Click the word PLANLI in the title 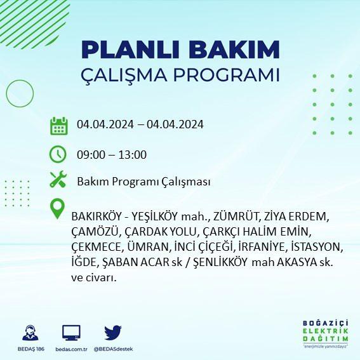[x=130, y=50]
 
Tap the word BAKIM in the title [x=234, y=50]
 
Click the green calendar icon [x=59, y=126]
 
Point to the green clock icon [x=58, y=154]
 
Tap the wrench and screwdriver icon [x=58, y=179]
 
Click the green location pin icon [x=57, y=208]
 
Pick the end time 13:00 [x=133, y=155]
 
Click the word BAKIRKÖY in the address [x=97, y=217]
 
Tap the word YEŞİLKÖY [x=155, y=217]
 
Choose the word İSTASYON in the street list [x=317, y=247]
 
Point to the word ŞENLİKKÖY [x=221, y=262]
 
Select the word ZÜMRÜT [x=236, y=217]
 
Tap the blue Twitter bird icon [x=113, y=333]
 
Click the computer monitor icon [x=71, y=333]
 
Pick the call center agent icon [x=30, y=333]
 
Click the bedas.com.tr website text [x=71, y=349]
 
